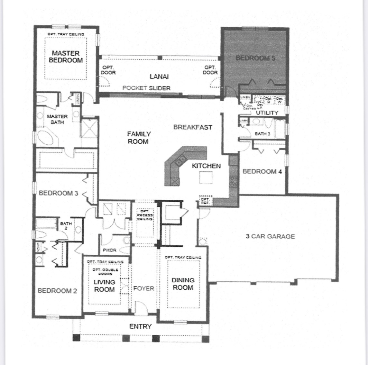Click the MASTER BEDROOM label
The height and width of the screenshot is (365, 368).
pyautogui.click(x=66, y=57)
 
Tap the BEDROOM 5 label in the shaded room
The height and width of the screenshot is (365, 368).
pyautogui.click(x=255, y=58)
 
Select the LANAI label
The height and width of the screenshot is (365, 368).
pyautogui.click(x=159, y=77)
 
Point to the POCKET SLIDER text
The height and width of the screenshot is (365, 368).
pyautogui.click(x=146, y=88)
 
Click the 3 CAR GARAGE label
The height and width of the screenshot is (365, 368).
pyautogui.click(x=270, y=236)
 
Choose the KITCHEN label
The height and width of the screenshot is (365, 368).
pyautogui.click(x=206, y=166)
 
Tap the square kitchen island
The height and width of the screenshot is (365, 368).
pyautogui.click(x=206, y=178)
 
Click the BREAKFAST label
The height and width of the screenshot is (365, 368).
pyautogui.click(x=193, y=127)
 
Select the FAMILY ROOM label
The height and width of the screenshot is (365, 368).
pyautogui.click(x=139, y=138)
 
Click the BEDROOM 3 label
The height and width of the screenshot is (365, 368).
pyautogui.click(x=58, y=193)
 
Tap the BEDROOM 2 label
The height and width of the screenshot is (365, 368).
pyautogui.click(x=57, y=291)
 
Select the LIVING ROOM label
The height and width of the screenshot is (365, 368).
pyautogui.click(x=104, y=286)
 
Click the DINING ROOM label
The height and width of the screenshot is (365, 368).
pyautogui.click(x=183, y=284)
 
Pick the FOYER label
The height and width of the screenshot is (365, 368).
pyautogui.click(x=143, y=288)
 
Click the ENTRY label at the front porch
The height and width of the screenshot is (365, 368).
pyautogui.click(x=140, y=326)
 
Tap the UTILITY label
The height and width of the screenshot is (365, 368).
pyautogui.click(x=267, y=113)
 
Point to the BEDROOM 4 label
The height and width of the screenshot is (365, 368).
pyautogui.click(x=262, y=171)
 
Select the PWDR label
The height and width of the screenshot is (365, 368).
pyautogui.click(x=110, y=250)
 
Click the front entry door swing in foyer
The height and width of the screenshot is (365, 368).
pyautogui.click(x=141, y=307)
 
